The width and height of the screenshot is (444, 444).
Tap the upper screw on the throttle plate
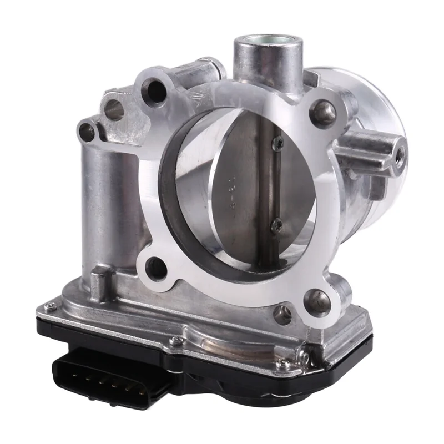(276, 143)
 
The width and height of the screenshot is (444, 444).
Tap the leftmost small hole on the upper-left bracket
(87, 132)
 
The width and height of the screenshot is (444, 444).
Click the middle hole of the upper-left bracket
(114, 109)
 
